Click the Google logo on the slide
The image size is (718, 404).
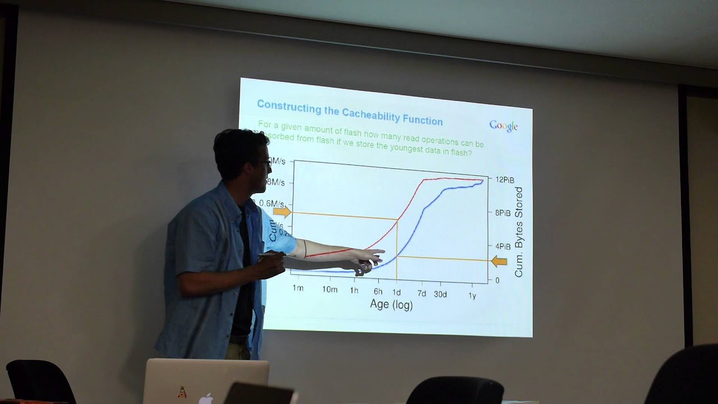503,126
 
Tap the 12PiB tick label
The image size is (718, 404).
504,180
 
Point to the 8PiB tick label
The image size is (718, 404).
502,213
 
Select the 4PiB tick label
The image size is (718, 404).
502,246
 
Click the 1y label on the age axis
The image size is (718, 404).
472,295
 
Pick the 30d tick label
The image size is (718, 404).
440,293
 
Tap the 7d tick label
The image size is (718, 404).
421,293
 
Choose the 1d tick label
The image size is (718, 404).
397,292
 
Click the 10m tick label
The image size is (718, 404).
330,290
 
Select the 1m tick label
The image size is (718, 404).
298,288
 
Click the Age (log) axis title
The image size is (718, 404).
391,305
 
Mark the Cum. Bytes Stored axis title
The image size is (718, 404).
519,232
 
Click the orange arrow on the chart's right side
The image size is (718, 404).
499,261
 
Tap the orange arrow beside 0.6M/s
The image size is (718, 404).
282,212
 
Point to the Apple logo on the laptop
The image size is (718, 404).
206,398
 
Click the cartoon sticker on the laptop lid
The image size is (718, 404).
182,392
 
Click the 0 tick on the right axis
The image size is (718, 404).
497,280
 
